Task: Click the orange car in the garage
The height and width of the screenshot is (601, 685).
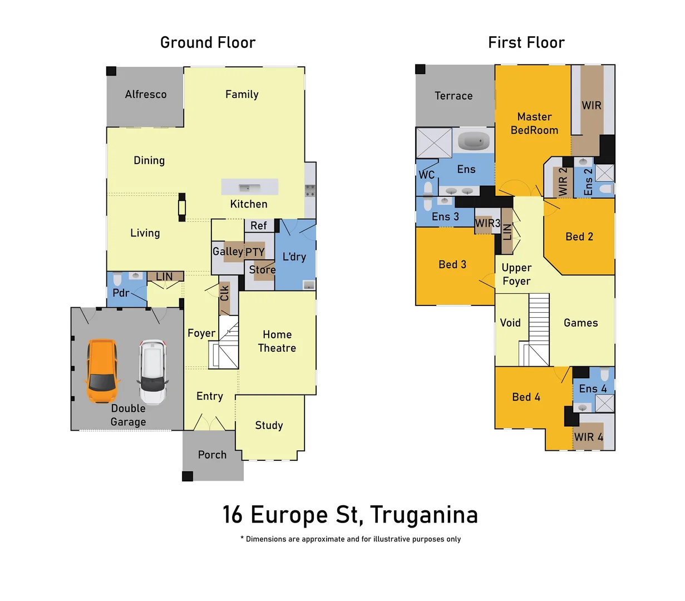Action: tap(102, 371)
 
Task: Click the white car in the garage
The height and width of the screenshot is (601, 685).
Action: tap(153, 372)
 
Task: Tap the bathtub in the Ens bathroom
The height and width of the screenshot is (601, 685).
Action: tap(474, 141)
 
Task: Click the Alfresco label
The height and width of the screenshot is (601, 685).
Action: tap(146, 95)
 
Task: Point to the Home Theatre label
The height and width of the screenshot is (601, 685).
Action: tap(277, 341)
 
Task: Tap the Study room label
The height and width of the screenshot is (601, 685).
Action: tap(269, 426)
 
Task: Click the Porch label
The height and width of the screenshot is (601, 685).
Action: tap(213, 455)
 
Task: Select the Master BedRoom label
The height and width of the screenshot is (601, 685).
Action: tap(534, 124)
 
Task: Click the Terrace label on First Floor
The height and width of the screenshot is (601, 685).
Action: tap(454, 96)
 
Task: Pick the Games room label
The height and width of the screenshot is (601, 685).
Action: tap(580, 323)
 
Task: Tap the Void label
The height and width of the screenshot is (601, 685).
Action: tap(510, 323)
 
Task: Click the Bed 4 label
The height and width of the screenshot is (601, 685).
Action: tap(526, 397)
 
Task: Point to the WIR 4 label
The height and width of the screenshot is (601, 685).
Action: tap(589, 437)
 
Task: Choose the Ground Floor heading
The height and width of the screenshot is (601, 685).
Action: tap(208, 43)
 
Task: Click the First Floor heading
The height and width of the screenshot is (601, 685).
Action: tap(526, 43)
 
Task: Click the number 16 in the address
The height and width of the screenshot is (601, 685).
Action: tap(233, 515)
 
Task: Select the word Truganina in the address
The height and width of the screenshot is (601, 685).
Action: tap(424, 515)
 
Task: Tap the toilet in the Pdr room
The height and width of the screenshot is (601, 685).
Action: tap(117, 279)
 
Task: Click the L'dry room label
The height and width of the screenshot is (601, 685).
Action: tap(294, 257)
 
